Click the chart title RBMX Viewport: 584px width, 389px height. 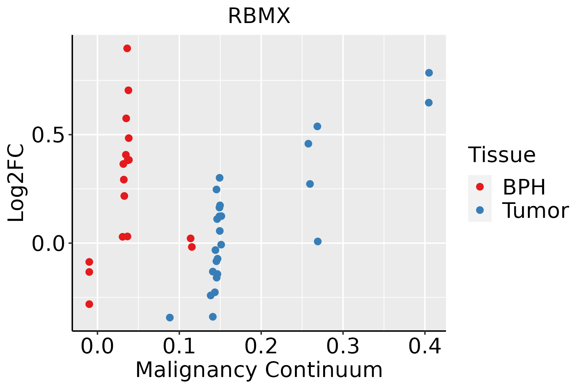point(259,16)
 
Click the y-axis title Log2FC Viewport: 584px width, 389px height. point(16,183)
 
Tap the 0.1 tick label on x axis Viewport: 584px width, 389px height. point(179,347)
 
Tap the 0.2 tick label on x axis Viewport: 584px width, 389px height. point(261,347)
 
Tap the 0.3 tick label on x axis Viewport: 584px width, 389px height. point(343,347)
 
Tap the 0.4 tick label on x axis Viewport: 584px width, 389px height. point(424,347)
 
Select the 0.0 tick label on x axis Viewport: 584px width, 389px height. point(97,347)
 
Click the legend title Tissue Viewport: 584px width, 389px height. point(502,155)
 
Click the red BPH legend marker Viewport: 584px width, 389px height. point(480,187)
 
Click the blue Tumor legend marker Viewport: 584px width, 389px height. point(480,210)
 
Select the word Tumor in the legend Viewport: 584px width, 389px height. point(535,211)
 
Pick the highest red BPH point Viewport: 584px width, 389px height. point(127,48)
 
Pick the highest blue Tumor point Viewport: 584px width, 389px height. point(429,73)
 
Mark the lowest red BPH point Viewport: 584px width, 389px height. point(89,304)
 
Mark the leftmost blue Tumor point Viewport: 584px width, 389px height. point(170,317)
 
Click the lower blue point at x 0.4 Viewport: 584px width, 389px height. point(429,103)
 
